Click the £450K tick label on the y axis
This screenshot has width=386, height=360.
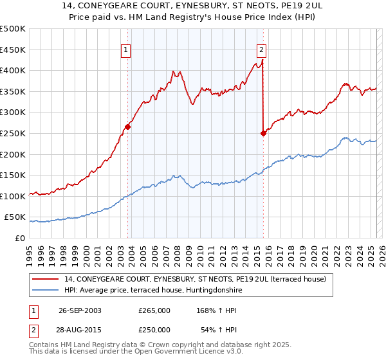click(13, 50)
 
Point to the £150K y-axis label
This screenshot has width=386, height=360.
click(13, 175)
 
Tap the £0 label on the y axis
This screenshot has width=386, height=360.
click(19, 238)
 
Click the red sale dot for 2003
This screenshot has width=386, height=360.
click(128, 127)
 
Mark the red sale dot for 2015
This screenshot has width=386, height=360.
click(263, 134)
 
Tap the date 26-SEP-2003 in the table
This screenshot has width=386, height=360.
click(80, 310)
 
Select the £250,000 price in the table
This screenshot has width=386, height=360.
click(154, 329)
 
